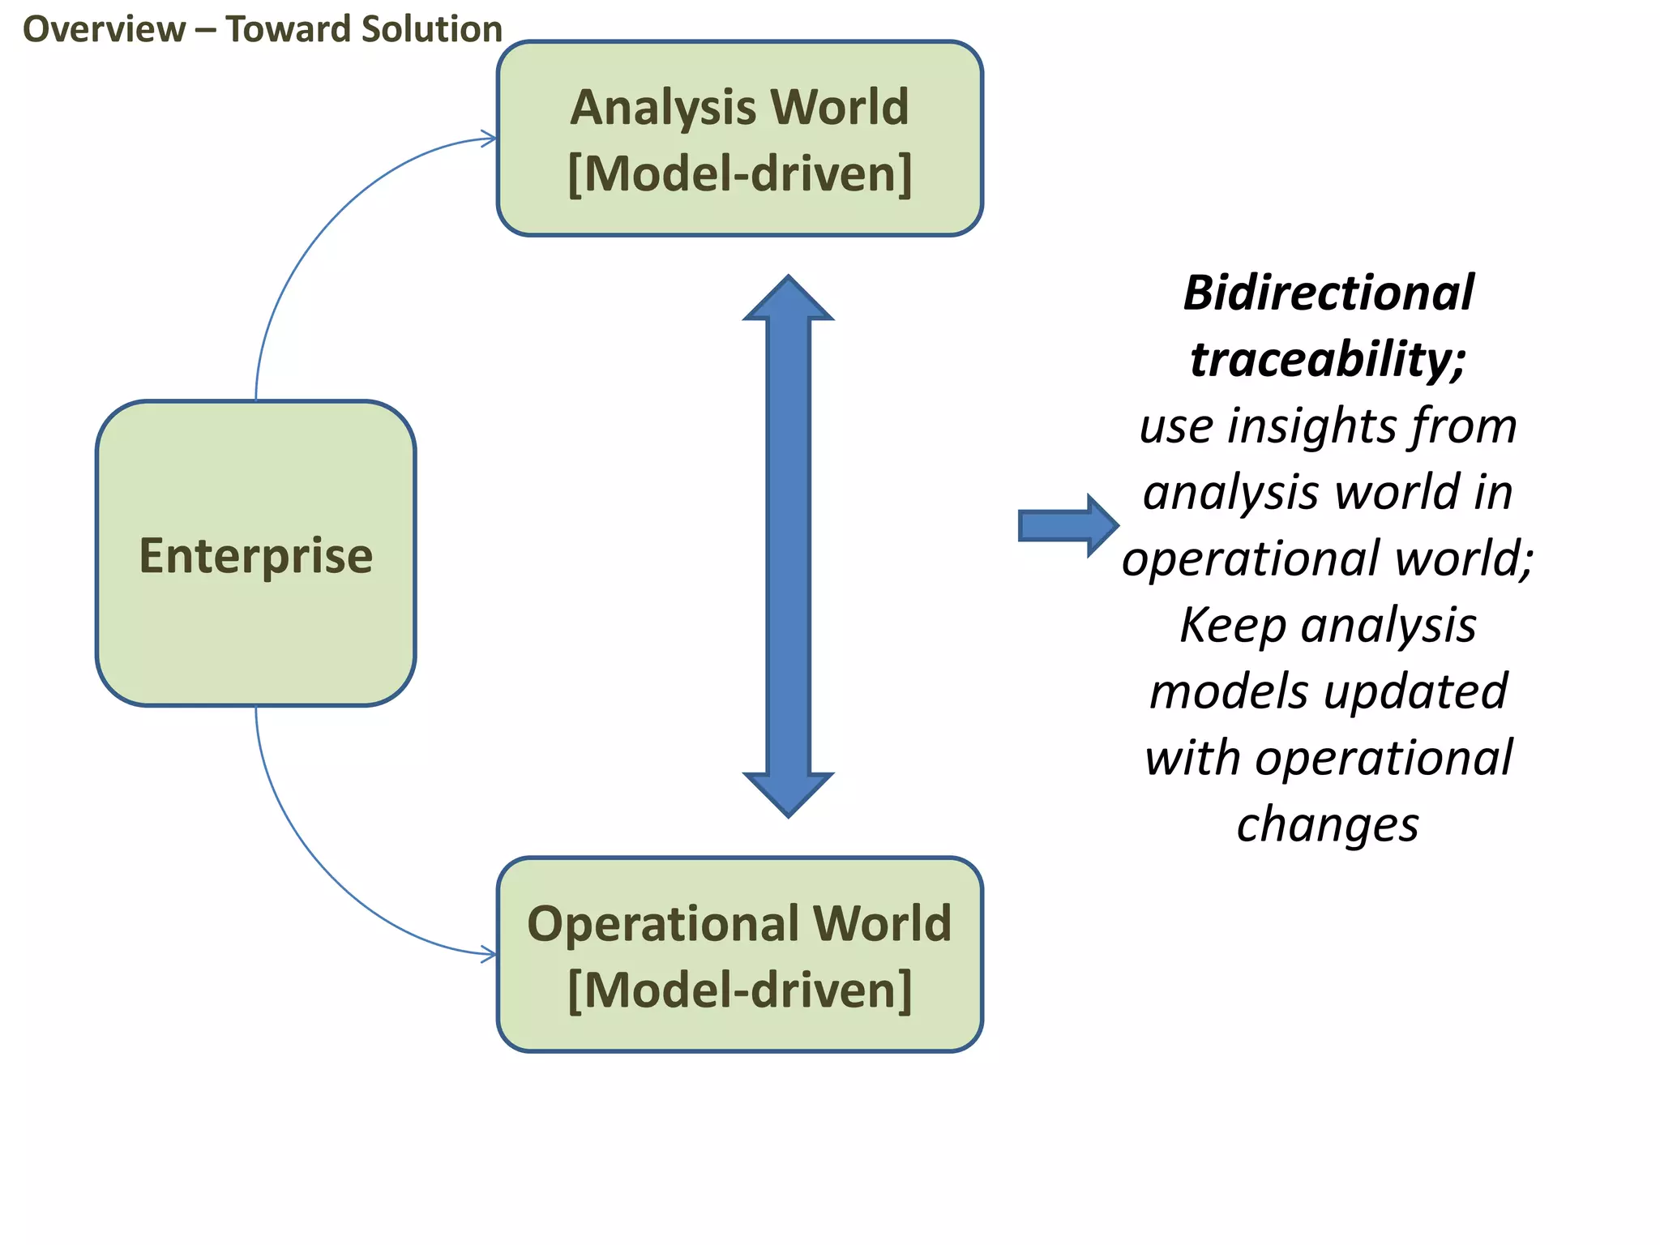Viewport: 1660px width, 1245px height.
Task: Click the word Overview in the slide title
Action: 104,29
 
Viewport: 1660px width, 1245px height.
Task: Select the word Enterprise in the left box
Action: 256,556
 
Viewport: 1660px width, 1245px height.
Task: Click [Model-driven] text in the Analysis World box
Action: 739,174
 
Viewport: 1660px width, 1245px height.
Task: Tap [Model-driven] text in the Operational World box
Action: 739,990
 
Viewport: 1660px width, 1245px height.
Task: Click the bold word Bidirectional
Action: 1328,293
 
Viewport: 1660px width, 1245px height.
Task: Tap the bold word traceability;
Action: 1328,359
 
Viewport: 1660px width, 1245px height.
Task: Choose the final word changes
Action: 1328,824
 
